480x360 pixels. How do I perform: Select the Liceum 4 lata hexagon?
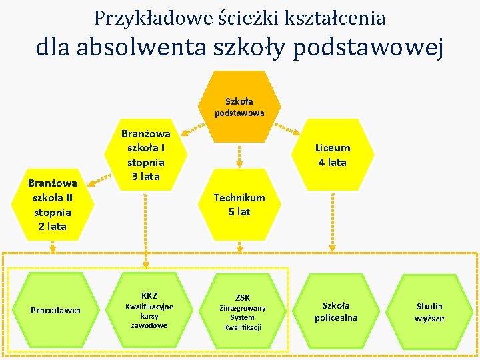332,155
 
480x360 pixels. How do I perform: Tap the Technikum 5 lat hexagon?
239,204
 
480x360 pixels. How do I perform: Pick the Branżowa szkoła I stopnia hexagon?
145,155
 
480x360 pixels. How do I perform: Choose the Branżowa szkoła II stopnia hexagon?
52,204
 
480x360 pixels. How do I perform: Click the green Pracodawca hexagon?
56,310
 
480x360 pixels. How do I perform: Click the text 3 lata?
145,176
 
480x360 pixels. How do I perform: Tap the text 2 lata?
52,226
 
